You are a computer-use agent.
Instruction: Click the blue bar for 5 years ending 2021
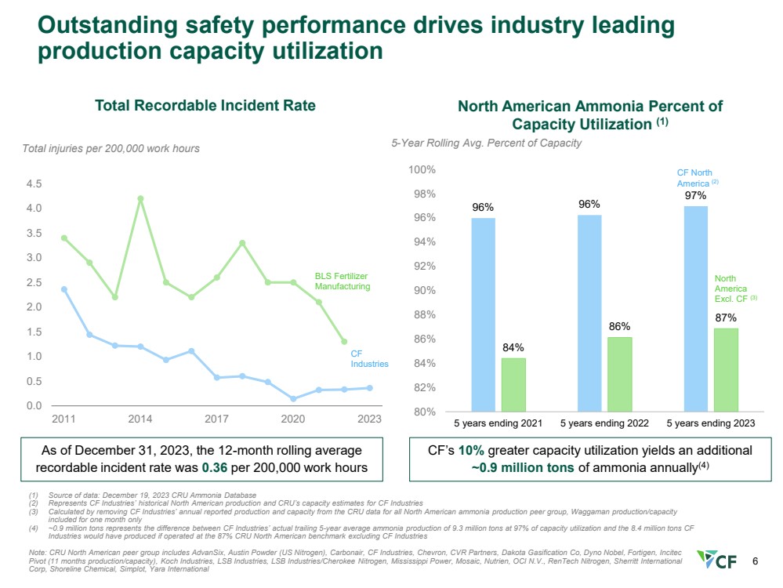click(483, 314)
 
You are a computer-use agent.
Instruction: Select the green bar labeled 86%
click(620, 374)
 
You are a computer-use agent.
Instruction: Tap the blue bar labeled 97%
click(695, 308)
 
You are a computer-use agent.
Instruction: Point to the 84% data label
click(514, 347)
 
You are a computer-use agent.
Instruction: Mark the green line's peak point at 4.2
click(140, 198)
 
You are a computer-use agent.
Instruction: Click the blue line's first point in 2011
click(63, 289)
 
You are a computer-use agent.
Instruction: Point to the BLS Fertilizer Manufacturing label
click(341, 281)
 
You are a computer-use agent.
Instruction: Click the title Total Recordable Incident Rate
click(205, 105)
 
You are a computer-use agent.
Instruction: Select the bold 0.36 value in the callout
click(215, 467)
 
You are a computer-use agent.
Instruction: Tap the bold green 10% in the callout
click(470, 451)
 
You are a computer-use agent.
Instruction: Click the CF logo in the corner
click(720, 561)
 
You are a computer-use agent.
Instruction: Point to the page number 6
click(755, 561)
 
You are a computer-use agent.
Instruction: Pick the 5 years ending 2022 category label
click(604, 423)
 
